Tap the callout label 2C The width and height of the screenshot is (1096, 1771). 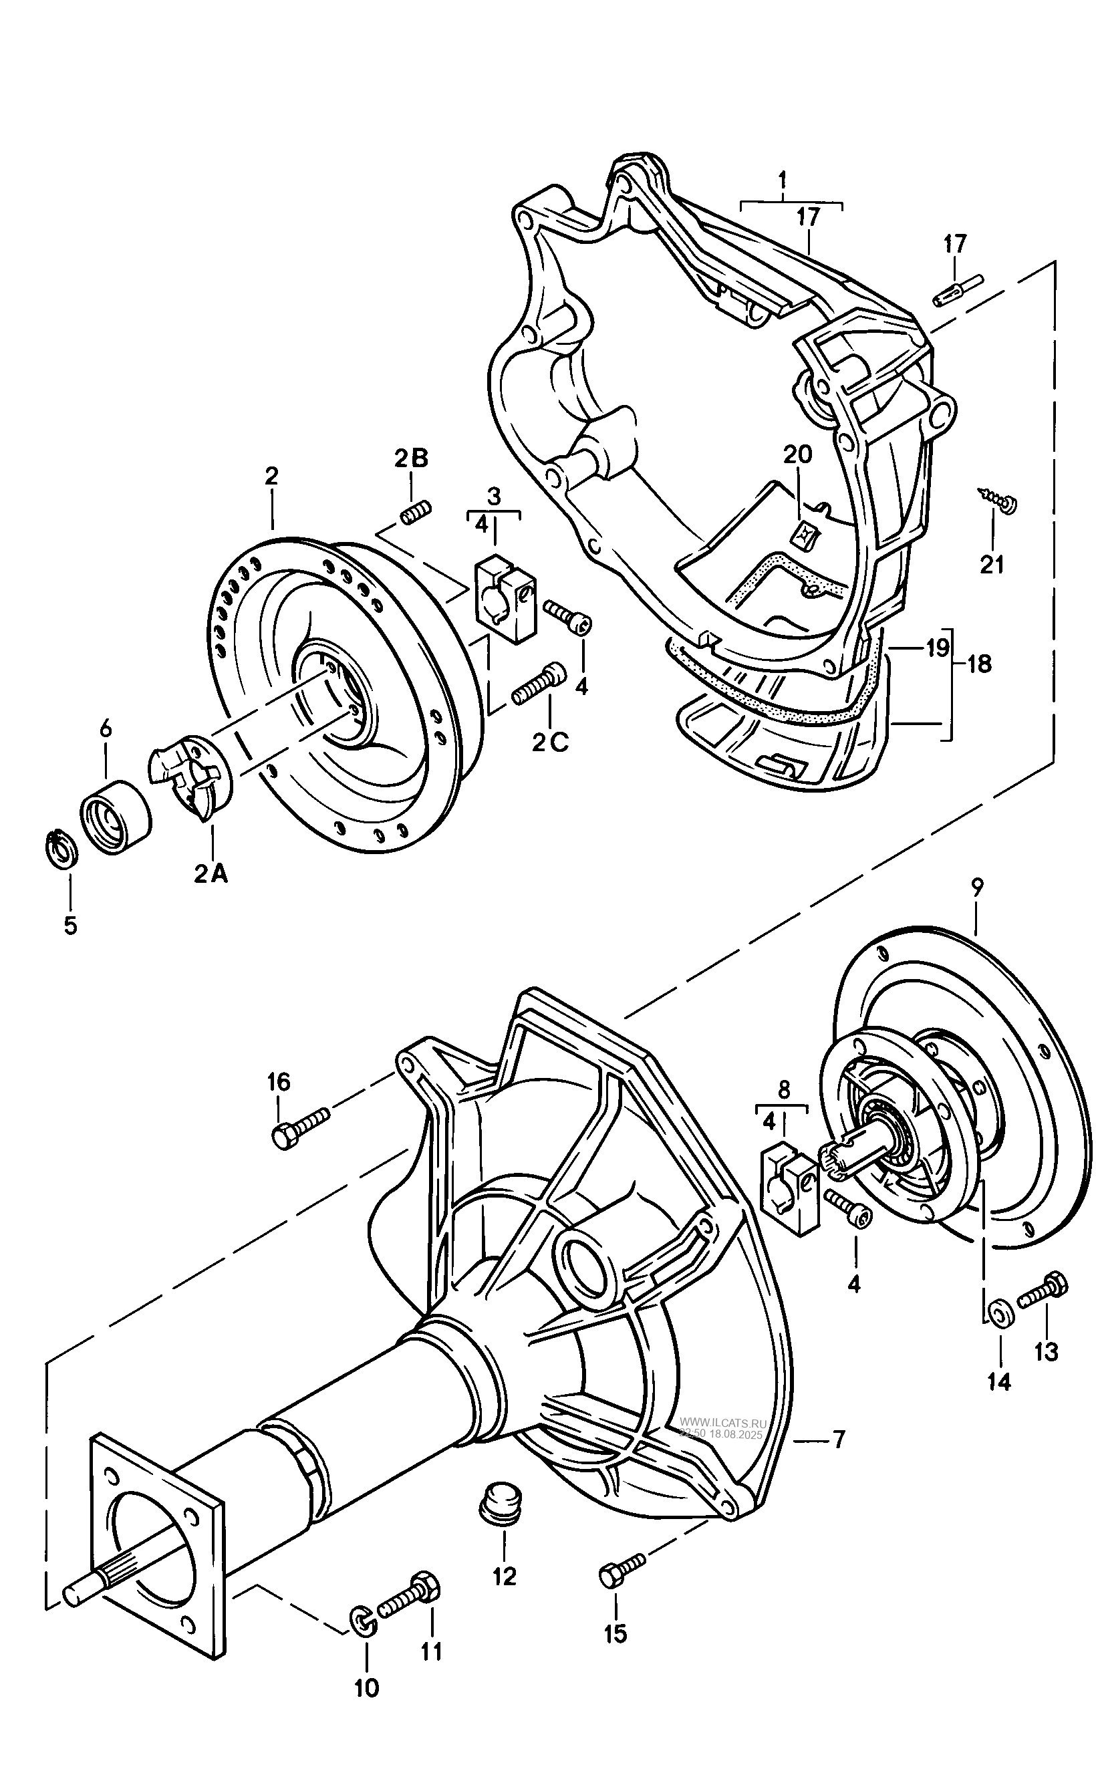point(551,742)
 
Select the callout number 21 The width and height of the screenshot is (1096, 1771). point(992,564)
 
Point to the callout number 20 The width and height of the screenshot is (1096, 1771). point(797,454)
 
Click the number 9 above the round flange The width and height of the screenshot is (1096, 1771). point(976,887)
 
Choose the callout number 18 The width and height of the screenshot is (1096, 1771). point(979,664)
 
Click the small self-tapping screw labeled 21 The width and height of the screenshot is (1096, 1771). point(998,499)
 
